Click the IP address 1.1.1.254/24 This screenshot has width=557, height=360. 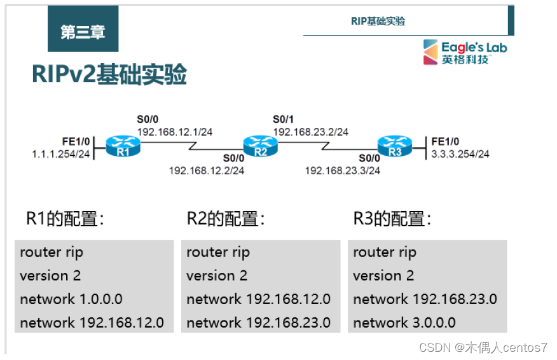[61, 155]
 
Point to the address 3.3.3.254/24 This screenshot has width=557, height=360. [460, 153]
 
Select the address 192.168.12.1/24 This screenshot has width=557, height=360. [175, 132]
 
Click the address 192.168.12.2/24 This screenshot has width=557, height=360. [207, 170]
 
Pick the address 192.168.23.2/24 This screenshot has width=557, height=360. [311, 132]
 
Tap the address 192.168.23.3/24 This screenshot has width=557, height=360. [343, 170]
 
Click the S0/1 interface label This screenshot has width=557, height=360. [284, 119]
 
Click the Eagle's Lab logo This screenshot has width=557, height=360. [466, 52]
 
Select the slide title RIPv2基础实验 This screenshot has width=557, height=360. [109, 75]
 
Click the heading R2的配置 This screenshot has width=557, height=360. [226, 219]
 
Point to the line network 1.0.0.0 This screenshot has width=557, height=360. [71, 299]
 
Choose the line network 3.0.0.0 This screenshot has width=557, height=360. [404, 322]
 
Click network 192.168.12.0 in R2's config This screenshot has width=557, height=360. [258, 299]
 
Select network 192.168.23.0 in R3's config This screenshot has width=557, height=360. [425, 299]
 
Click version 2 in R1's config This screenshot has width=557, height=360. [50, 275]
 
